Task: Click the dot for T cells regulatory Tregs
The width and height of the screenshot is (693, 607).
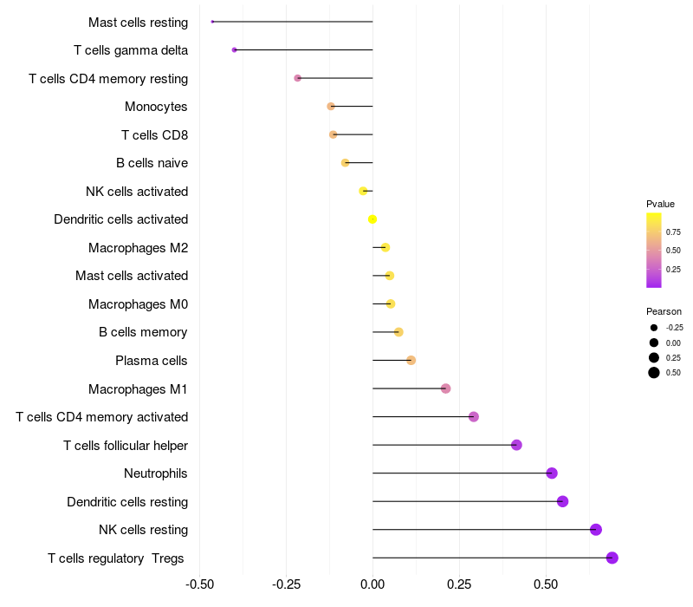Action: click(x=612, y=558)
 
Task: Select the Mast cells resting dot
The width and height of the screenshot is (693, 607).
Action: click(x=212, y=22)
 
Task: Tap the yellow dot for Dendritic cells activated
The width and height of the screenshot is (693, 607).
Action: click(x=372, y=219)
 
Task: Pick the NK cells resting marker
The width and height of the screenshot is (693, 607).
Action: click(x=595, y=530)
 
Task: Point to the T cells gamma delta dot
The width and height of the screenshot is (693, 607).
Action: click(x=235, y=50)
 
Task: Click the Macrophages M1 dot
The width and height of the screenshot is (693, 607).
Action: click(x=445, y=388)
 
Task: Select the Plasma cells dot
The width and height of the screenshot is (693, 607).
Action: click(x=411, y=361)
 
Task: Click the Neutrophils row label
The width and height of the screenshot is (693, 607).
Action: click(x=156, y=473)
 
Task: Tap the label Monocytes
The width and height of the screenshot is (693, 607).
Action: click(x=156, y=107)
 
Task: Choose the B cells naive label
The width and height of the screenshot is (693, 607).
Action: click(x=152, y=163)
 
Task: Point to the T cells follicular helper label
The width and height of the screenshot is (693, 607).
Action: click(x=126, y=446)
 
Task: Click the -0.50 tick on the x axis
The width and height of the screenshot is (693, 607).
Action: click(x=200, y=584)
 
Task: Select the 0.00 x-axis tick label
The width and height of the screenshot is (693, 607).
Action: click(x=372, y=584)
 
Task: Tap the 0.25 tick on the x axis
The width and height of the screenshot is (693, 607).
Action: click(x=459, y=584)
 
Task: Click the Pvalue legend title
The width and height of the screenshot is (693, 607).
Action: click(x=660, y=204)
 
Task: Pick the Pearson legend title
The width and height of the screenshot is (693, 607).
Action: click(x=664, y=311)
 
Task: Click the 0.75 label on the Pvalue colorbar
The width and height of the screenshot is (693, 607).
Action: click(x=673, y=232)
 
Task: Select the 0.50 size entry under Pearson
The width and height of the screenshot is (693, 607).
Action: click(x=673, y=373)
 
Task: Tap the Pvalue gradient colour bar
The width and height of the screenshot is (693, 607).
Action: click(x=654, y=250)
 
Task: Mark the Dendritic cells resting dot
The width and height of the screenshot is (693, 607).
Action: click(x=562, y=501)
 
